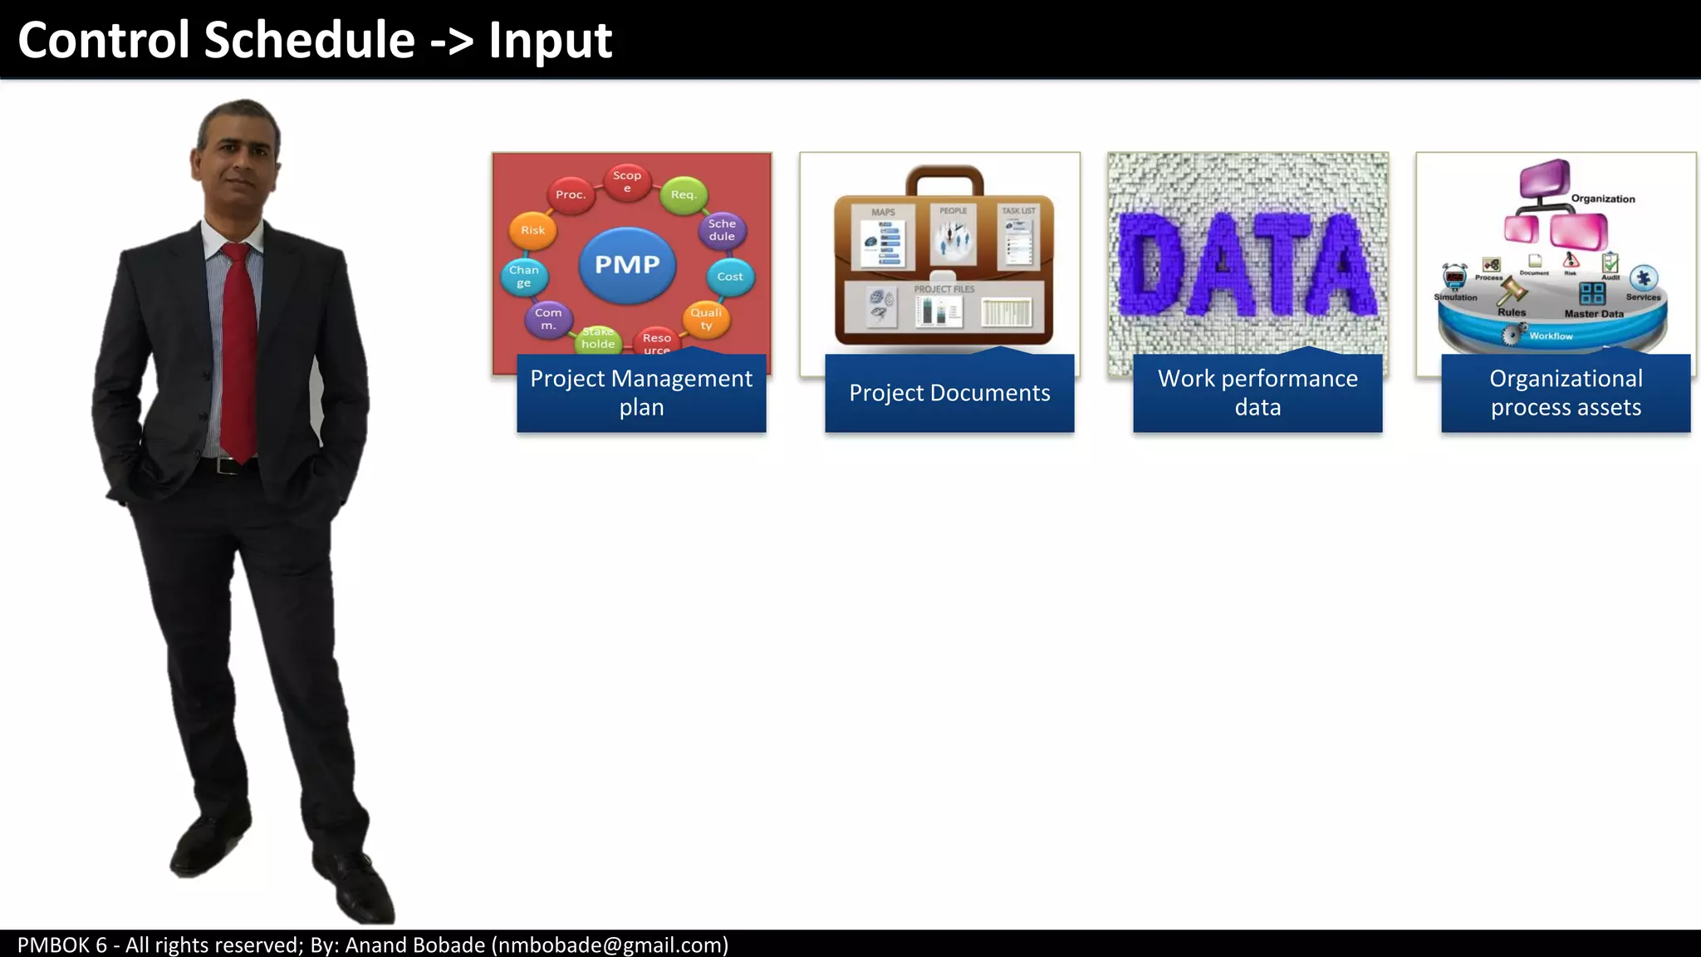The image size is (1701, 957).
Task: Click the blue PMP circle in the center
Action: [x=627, y=264]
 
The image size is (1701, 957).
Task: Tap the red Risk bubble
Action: [x=532, y=230]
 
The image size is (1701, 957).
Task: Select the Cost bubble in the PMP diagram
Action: [x=730, y=277]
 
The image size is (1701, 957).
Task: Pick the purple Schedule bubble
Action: [x=722, y=230]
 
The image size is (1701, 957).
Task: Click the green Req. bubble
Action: [x=683, y=194]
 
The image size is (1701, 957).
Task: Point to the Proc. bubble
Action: [x=571, y=194]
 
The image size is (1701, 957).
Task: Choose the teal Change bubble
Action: [x=524, y=276]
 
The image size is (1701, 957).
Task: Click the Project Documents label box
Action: [x=949, y=393]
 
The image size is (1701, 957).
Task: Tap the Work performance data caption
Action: [x=1257, y=393]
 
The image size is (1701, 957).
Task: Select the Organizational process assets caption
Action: [x=1566, y=393]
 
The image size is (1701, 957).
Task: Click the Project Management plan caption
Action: [x=641, y=393]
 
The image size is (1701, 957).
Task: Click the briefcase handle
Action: [x=944, y=175]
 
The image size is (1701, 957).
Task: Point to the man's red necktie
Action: [x=238, y=349]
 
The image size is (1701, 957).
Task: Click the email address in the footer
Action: [x=610, y=945]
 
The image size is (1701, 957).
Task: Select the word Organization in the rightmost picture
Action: [x=1602, y=199]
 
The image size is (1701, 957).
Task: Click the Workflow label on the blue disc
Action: [x=1551, y=336]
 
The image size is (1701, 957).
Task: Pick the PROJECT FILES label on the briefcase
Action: [x=944, y=289]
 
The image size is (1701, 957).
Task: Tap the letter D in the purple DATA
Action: [x=1155, y=264]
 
